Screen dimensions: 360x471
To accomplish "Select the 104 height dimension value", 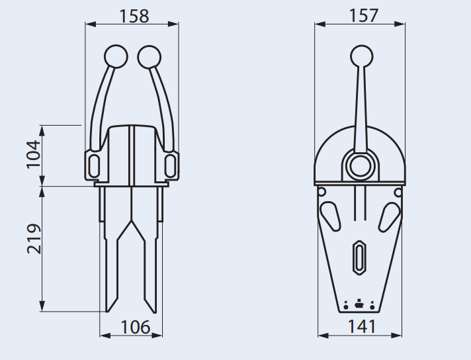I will click(x=33, y=154).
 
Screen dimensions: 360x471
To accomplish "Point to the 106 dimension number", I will click(x=135, y=327).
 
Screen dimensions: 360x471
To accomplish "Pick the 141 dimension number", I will click(x=361, y=326).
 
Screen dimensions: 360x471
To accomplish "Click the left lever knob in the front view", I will click(x=116, y=56).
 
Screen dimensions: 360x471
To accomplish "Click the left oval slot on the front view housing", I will click(x=93, y=163).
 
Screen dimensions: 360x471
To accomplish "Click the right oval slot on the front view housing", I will click(x=171, y=163).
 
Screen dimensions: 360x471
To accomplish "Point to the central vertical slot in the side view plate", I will click(x=359, y=257).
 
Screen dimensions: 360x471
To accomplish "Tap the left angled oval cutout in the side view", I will click(x=330, y=215).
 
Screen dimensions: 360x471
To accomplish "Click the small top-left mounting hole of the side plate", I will click(x=322, y=192).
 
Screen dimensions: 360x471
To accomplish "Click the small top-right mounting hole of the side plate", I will click(x=398, y=192).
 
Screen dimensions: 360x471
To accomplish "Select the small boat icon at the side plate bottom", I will click(x=359, y=303).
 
